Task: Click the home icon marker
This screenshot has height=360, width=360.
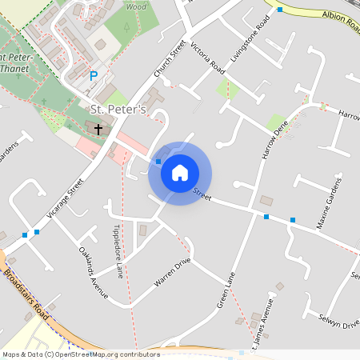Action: pyautogui.click(x=180, y=173)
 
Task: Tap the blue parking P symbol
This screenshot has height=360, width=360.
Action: pyautogui.click(x=94, y=76)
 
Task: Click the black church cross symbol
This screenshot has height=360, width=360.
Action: pyautogui.click(x=99, y=128)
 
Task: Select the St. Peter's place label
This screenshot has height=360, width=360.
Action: pyautogui.click(x=118, y=110)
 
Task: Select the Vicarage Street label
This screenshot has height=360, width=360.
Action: pyautogui.click(x=66, y=198)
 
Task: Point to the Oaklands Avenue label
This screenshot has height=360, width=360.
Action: pyautogui.click(x=93, y=272)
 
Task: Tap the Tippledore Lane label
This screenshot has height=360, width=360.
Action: pyautogui.click(x=118, y=252)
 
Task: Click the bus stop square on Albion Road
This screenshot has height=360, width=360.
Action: pyautogui.click(x=280, y=10)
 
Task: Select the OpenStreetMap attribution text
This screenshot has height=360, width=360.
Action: pyautogui.click(x=80, y=354)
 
